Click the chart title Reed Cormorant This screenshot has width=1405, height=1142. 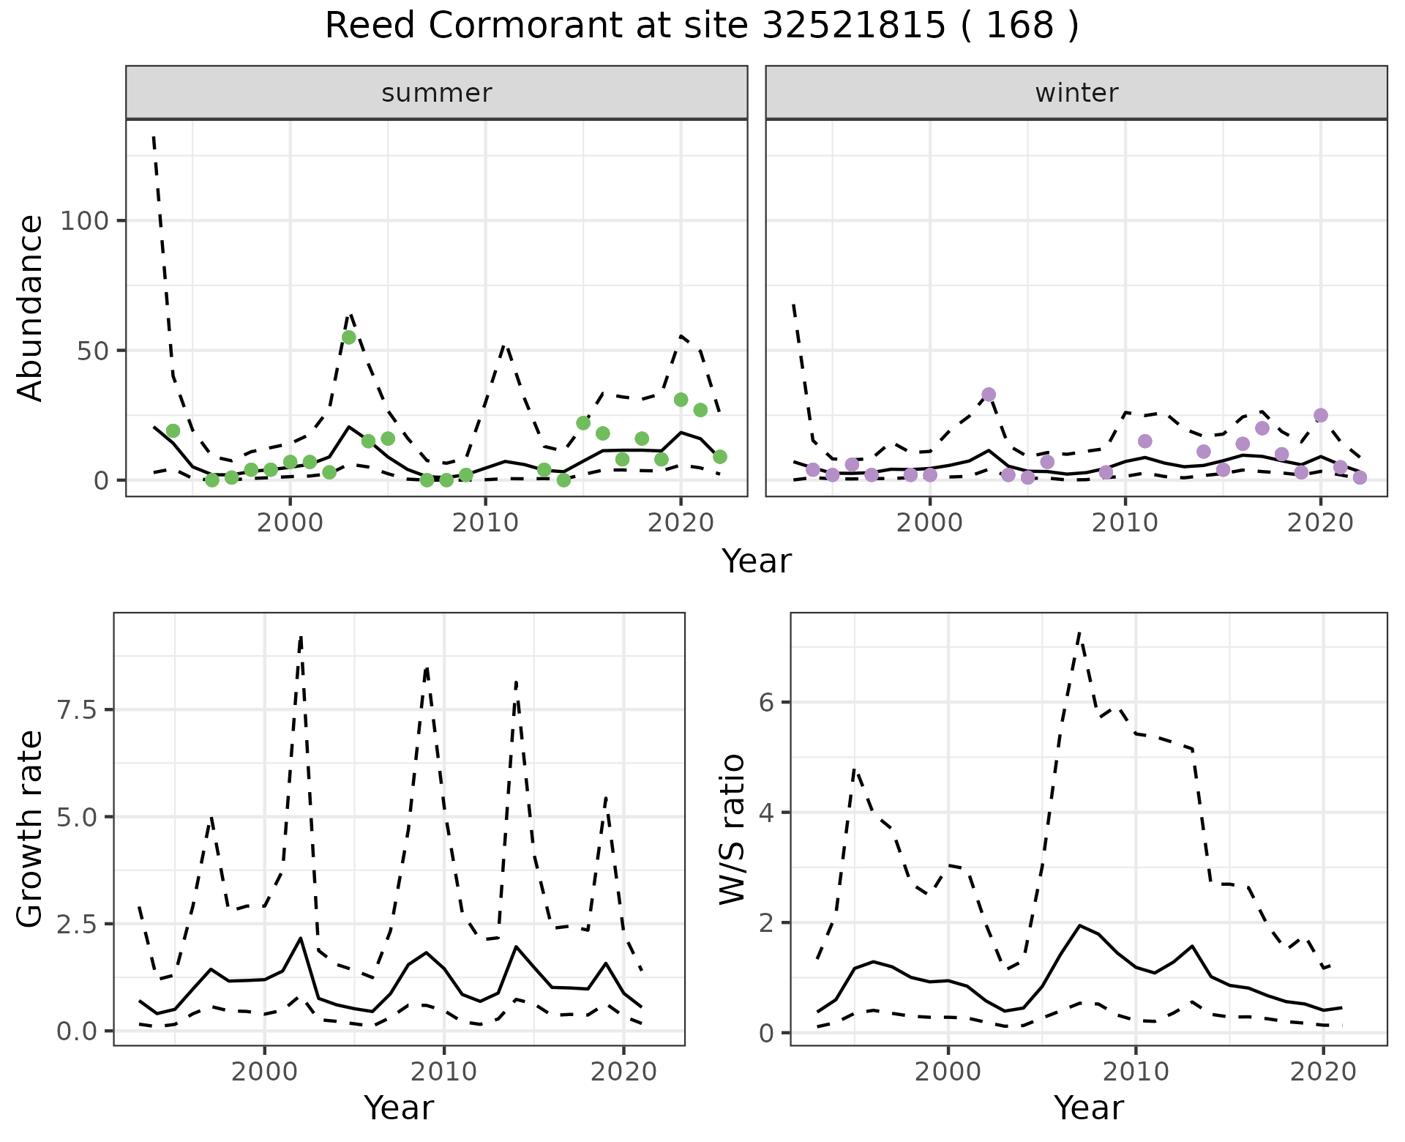(701, 26)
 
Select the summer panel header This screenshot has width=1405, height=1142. (436, 93)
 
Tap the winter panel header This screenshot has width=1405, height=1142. (1076, 93)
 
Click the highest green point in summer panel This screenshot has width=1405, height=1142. (349, 337)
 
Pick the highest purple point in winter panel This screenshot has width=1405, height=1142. (989, 395)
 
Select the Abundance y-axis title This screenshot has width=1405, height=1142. (31, 307)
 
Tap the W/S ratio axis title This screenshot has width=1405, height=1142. (732, 829)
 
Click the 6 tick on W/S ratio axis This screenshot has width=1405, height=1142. (765, 702)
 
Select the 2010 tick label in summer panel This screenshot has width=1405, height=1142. (485, 523)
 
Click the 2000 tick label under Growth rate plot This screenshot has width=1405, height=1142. (264, 1072)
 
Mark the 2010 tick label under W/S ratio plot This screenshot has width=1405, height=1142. (1136, 1072)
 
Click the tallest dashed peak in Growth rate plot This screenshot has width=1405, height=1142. (301, 638)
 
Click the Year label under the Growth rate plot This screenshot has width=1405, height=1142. (399, 1108)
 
